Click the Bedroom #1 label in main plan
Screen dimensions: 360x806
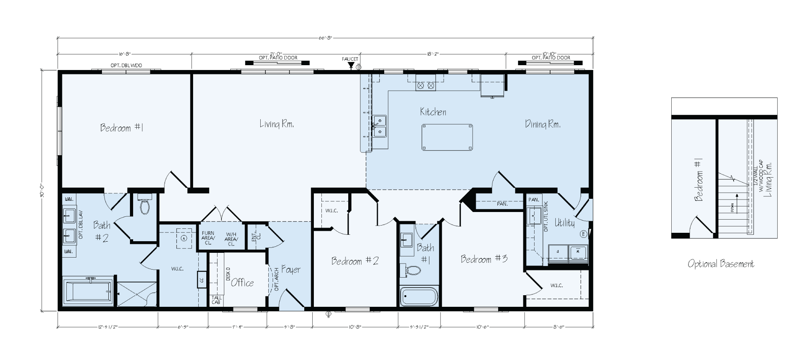[122, 128]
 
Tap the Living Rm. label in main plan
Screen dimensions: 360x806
[277, 124]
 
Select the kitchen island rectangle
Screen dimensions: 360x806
[447, 137]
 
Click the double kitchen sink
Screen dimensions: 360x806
[380, 126]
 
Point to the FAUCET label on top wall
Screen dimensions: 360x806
[350, 59]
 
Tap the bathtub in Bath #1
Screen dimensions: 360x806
[419, 297]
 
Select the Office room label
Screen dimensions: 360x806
[242, 283]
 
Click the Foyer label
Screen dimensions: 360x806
[291, 270]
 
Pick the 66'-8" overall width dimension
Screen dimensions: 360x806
[325, 38]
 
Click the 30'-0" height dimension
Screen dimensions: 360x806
[42, 190]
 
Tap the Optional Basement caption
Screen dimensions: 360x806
[721, 264]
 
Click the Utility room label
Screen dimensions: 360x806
[564, 223]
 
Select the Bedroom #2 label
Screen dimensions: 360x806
[355, 261]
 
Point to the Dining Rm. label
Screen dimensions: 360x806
[543, 124]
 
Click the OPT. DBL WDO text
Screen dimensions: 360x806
[126, 65]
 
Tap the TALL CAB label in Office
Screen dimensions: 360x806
[216, 300]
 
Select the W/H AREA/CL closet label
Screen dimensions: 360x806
[231, 239]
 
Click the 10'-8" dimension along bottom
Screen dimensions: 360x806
[355, 327]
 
